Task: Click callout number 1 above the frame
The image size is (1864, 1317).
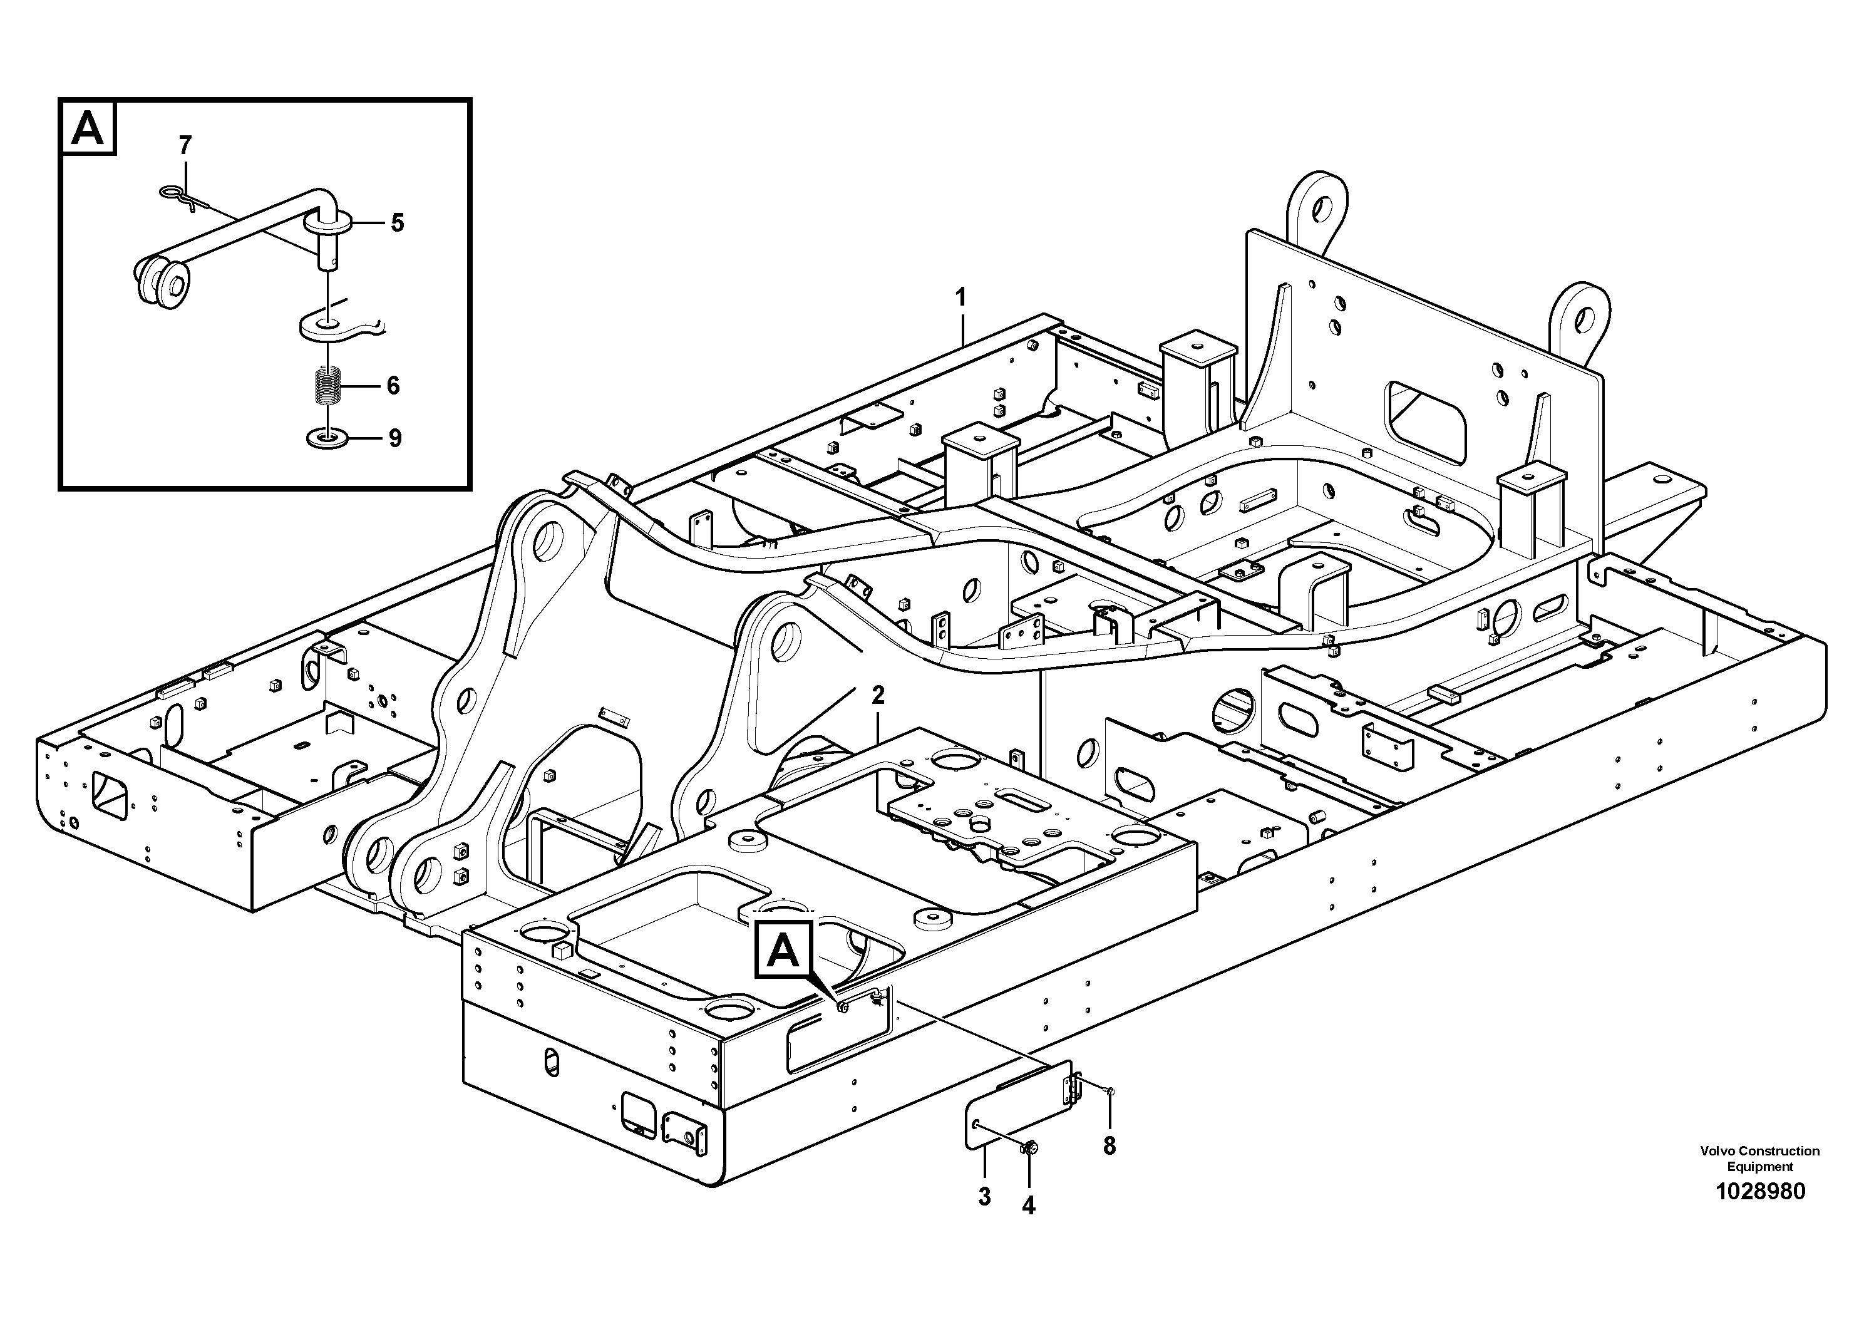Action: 961,298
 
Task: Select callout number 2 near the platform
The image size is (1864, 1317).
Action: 878,695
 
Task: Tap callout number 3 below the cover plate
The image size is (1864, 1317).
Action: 984,1197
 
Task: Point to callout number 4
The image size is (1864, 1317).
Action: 1029,1207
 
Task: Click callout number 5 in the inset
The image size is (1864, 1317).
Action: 397,222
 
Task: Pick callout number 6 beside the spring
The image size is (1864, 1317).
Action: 393,385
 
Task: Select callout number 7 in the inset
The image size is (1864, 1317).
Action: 185,146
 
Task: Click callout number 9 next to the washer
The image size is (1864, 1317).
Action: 394,438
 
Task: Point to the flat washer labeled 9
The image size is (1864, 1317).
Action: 328,439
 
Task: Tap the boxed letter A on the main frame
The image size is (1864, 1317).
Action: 783,948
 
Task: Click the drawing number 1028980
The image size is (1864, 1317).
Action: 1760,1192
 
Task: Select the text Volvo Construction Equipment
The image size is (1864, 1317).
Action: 1760,1158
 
